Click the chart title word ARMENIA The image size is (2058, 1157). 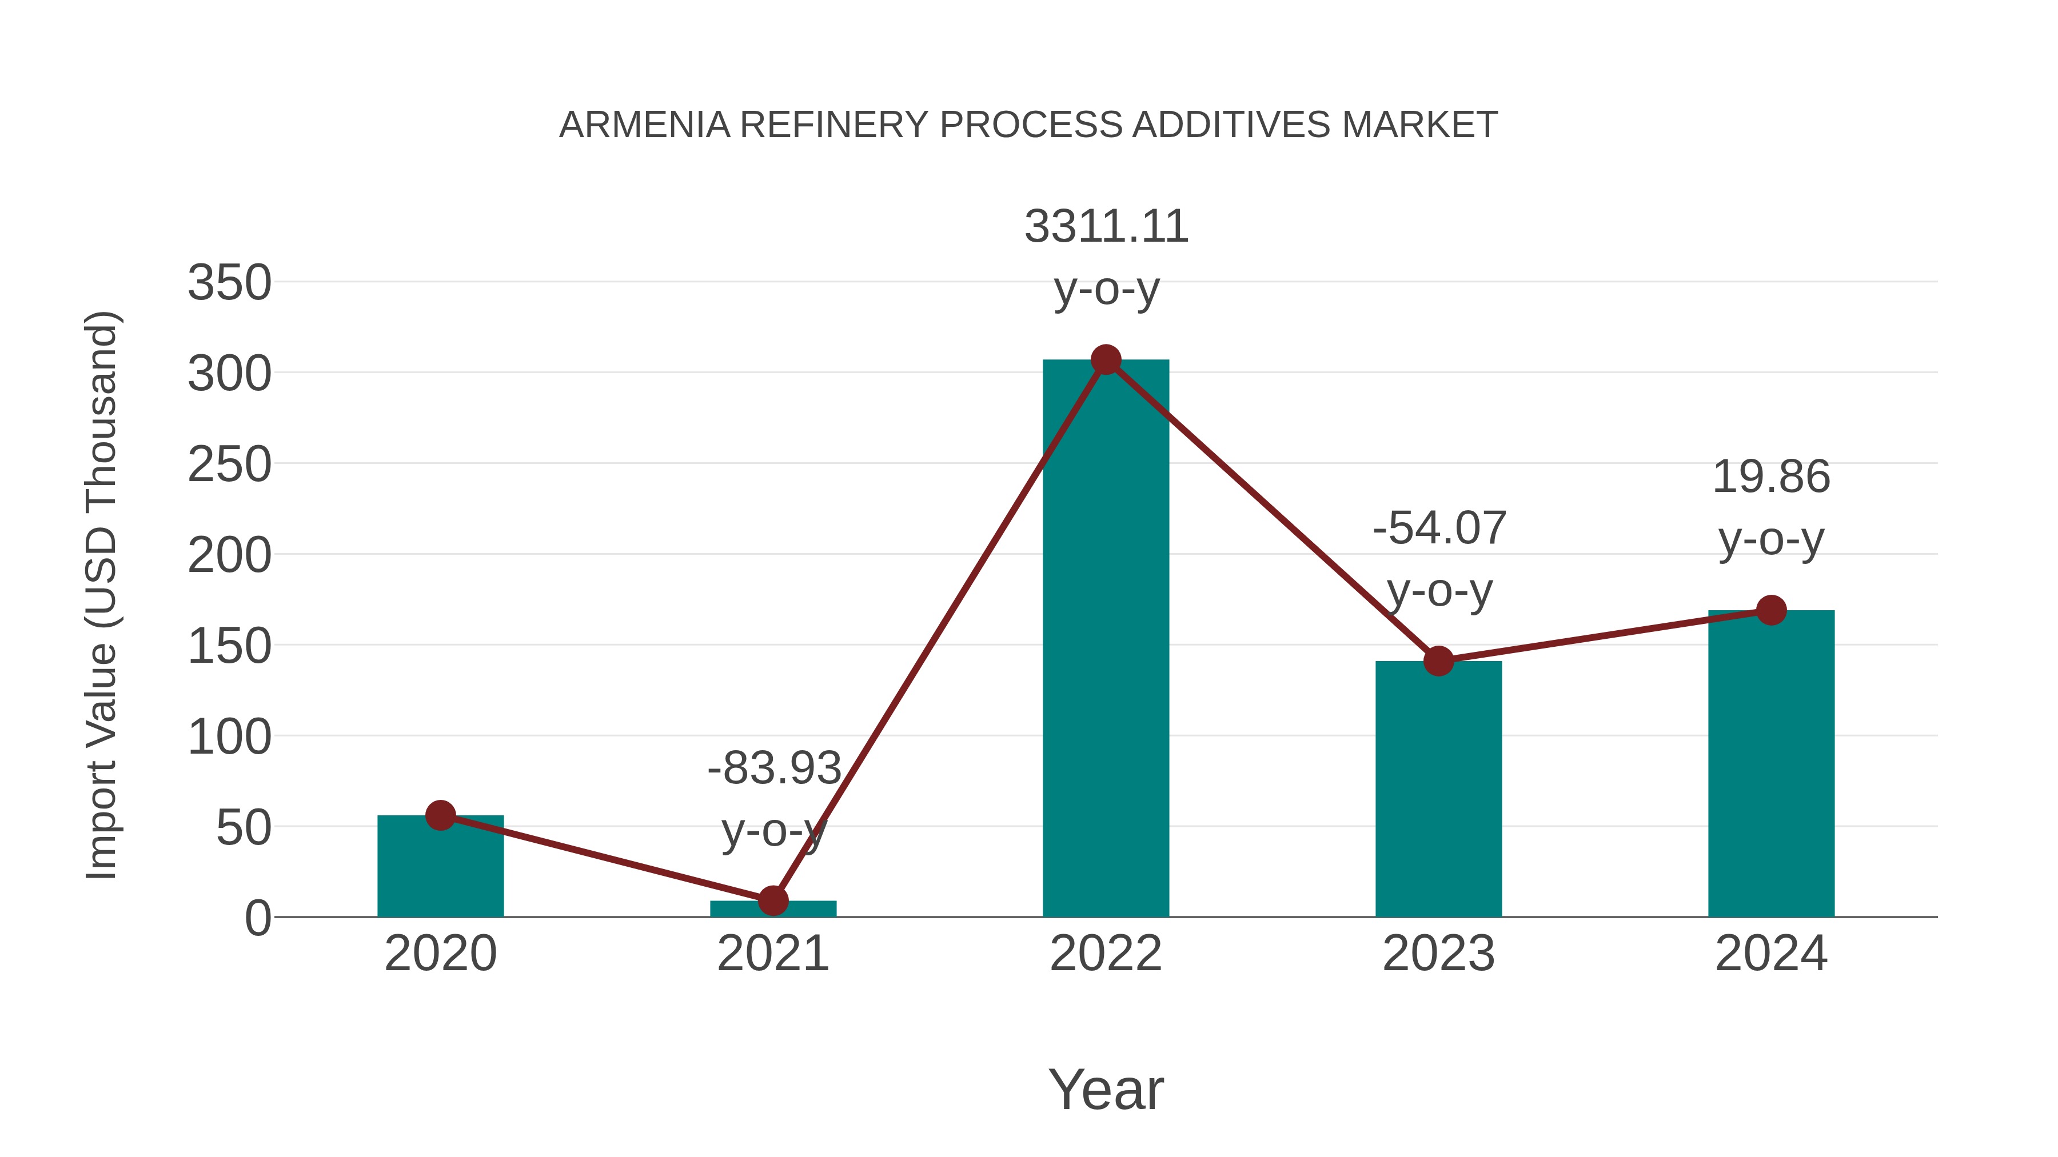point(644,125)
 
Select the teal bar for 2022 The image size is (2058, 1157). point(1106,639)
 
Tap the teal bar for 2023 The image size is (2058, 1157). point(1438,791)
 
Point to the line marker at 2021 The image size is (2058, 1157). point(772,900)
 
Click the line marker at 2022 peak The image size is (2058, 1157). point(1106,360)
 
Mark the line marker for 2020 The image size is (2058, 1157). point(440,815)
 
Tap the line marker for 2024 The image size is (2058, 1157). point(1771,611)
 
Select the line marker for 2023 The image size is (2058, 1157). point(1438,661)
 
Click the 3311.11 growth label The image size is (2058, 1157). point(1106,227)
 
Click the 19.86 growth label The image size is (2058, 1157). point(1771,478)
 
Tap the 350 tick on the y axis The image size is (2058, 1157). point(229,283)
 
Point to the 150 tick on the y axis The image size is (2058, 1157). point(229,646)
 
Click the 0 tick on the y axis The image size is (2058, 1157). point(257,918)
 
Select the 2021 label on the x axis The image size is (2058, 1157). point(772,954)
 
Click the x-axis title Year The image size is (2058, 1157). point(1106,1090)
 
